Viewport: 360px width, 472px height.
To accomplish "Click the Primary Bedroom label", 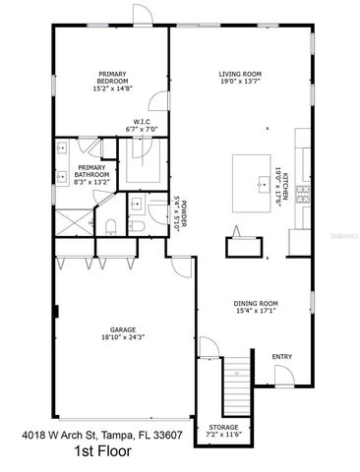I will coord(111,82).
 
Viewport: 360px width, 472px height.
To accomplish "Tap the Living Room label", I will coord(239,78).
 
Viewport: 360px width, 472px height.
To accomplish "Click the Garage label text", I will coord(123,332).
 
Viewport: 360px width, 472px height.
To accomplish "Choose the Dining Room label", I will coord(256,307).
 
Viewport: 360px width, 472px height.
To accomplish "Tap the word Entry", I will coord(281,356).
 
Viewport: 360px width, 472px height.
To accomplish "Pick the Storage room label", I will coord(222,431).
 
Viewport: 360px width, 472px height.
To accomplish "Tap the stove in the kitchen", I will coord(304,197).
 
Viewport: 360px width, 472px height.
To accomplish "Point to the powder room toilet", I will coord(137,227).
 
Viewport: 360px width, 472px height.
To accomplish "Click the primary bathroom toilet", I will coord(110,228).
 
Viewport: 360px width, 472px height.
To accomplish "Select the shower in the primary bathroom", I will coord(70,221).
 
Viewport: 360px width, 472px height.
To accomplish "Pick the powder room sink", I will coord(137,204).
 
